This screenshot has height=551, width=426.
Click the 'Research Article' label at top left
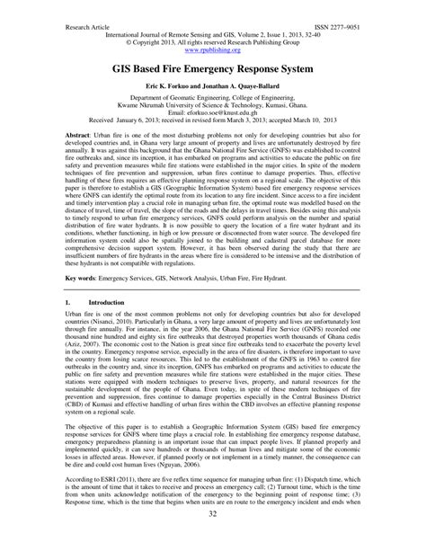88,29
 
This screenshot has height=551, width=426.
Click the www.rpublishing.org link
212,51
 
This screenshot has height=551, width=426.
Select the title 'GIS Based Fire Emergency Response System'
212,69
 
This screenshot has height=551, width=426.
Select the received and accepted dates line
212,136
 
